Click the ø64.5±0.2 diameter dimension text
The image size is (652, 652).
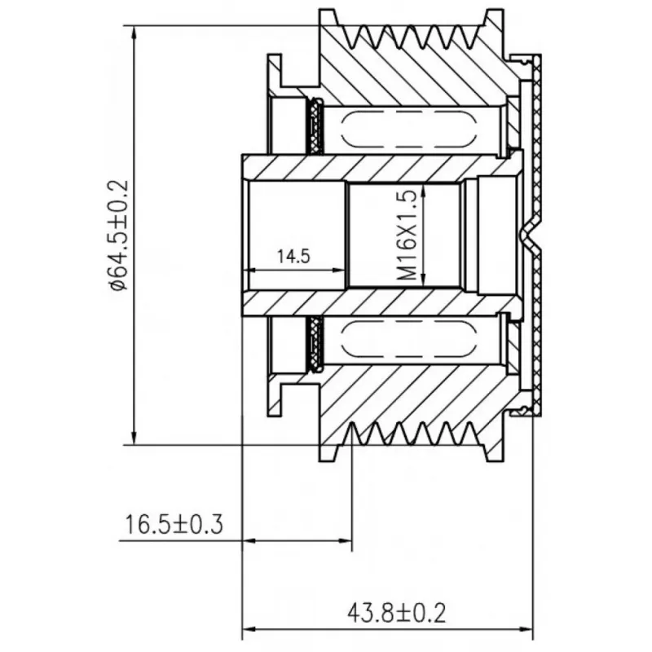(119, 236)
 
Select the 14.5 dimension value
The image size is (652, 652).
(293, 257)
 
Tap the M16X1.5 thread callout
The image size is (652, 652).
(406, 236)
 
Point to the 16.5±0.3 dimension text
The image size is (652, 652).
(174, 524)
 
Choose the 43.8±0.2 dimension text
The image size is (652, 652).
(396, 614)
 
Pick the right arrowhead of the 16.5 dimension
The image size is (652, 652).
(345, 541)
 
